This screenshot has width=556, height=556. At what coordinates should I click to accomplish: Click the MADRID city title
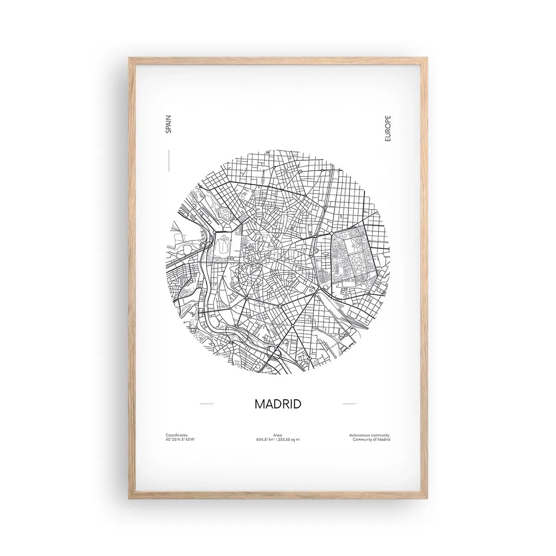278,404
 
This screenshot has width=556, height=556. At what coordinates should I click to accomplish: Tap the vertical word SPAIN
169,125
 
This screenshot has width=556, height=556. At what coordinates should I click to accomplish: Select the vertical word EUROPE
388,129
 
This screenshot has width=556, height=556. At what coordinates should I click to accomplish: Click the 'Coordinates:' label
177,435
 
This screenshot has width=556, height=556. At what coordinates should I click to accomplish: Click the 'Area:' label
278,435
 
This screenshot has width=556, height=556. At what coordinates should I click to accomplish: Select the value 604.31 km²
265,439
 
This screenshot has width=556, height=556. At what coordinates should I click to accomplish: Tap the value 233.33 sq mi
289,439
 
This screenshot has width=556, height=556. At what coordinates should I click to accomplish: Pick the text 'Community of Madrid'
372,439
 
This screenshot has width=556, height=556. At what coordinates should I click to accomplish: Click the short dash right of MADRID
349,404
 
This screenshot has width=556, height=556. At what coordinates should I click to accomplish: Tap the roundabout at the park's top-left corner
332,232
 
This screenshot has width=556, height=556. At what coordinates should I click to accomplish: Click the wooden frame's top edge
278,59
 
